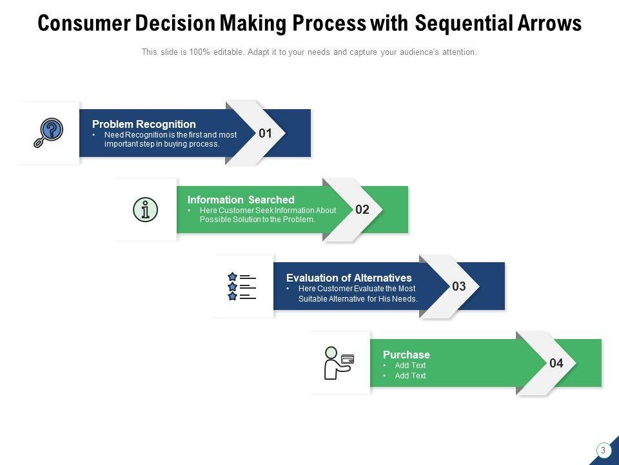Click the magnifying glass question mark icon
tap(48, 132)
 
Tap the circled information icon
tap(145, 209)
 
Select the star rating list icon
tap(242, 286)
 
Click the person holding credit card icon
tap(339, 363)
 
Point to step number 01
tap(265, 133)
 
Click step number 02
tap(362, 209)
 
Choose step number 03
tap(459, 286)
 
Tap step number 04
tap(556, 363)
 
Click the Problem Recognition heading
tap(144, 124)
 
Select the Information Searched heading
tap(241, 200)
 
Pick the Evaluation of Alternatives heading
tap(349, 278)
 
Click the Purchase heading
tap(406, 355)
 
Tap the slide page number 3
tap(603, 450)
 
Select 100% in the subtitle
tap(200, 52)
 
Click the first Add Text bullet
tap(410, 366)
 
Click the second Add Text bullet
tap(410, 376)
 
